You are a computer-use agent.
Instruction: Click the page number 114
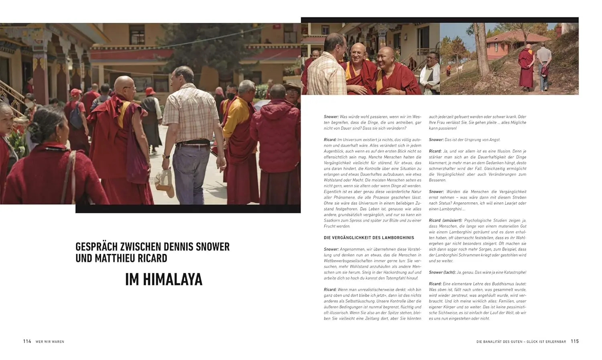27,342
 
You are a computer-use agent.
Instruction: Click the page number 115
575,341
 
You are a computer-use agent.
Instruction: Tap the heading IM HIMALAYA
164,279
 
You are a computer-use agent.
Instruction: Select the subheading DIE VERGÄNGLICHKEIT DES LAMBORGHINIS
369,238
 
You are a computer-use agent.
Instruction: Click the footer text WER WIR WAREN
50,342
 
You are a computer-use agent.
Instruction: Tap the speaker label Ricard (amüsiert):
445,220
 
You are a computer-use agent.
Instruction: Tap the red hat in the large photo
150,91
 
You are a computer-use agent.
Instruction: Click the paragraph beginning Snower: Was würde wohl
372,122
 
